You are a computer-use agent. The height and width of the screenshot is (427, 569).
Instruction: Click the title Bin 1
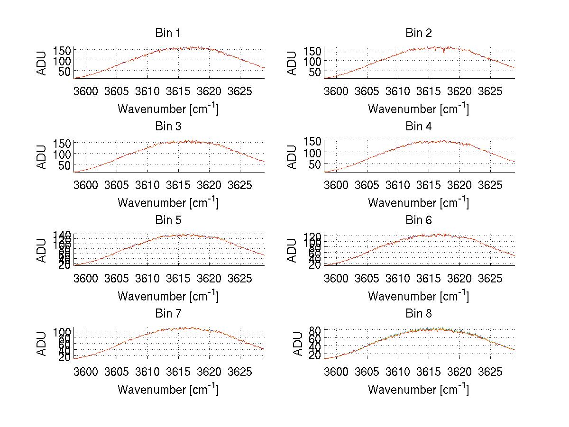(167, 33)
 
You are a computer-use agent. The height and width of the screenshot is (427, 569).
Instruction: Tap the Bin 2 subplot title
(419, 33)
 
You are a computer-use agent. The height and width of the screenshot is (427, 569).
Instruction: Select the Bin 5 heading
(167, 220)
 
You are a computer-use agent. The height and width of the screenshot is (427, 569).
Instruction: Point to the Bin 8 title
(419, 314)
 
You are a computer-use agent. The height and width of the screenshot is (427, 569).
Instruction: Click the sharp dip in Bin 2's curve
(444, 53)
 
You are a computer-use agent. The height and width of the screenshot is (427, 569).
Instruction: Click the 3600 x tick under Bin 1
(86, 91)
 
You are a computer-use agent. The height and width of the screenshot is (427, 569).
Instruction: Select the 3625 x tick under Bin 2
(490, 91)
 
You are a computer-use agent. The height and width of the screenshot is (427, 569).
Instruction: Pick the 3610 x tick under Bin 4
(398, 184)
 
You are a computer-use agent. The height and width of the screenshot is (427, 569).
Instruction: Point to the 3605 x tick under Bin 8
(367, 371)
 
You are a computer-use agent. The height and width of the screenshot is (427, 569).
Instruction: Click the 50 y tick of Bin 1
(65, 72)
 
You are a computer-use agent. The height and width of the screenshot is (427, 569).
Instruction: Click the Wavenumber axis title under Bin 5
(168, 296)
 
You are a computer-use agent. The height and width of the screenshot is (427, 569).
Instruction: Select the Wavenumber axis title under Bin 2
(418, 109)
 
